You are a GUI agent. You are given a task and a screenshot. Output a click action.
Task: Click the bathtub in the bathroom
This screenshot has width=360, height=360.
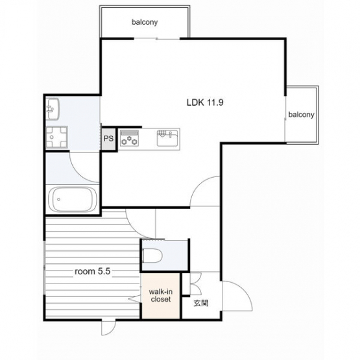pyautogui.click(x=72, y=199)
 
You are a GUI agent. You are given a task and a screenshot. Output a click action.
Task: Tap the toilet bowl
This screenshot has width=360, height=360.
pyautogui.click(x=152, y=256)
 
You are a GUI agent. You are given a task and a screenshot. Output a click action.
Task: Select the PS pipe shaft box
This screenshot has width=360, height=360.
pyautogui.click(x=108, y=139)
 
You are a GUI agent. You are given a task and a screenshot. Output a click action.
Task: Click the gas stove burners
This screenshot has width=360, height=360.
pyautogui.click(x=130, y=138)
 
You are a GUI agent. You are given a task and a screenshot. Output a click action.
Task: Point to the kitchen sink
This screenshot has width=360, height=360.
pyautogui.click(x=167, y=138)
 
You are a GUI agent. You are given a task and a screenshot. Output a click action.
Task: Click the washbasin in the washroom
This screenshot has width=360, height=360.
pyautogui.click(x=53, y=109)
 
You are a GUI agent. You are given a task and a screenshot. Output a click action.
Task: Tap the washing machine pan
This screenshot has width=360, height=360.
pyautogui.click(x=56, y=138)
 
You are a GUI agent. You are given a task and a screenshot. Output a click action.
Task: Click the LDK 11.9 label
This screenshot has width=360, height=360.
pyautogui.click(x=205, y=102)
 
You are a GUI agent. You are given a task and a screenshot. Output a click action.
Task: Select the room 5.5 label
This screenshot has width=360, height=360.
pyautogui.click(x=93, y=271)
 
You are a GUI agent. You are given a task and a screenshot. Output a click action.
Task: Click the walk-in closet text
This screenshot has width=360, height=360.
pyautogui.click(x=161, y=296)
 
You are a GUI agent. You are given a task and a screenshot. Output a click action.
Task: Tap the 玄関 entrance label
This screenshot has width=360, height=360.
pyautogui.click(x=201, y=303)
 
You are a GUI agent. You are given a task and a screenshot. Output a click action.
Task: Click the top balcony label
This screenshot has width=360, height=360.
pyautogui.click(x=145, y=22)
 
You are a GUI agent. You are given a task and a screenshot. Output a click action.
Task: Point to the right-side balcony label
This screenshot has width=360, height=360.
pyautogui.click(x=301, y=114)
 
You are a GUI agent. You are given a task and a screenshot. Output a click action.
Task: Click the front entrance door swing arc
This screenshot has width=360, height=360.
pyautogui.click(x=245, y=290)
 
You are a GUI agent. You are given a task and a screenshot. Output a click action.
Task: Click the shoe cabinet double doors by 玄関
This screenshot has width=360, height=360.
pyautogui.click(x=196, y=283)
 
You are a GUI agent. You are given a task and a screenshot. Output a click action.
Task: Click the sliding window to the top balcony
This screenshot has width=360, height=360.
pyautogui.click(x=157, y=38)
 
